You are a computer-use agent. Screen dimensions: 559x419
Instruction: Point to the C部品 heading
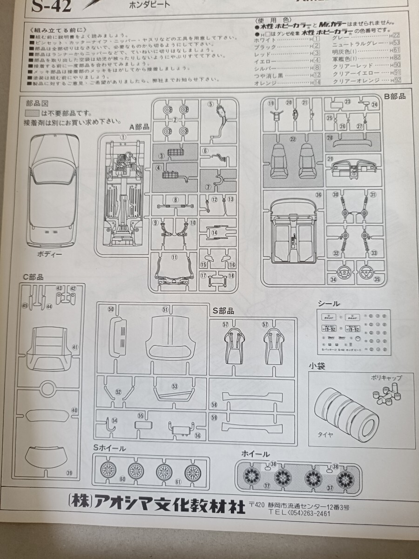tap(34, 277)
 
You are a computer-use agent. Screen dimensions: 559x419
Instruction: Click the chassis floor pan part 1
tap(123, 196)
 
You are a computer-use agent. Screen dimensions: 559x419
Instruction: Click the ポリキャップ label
tap(386, 378)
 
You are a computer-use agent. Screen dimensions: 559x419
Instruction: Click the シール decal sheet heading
tap(328, 303)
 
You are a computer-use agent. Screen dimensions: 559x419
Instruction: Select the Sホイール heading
tap(109, 448)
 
